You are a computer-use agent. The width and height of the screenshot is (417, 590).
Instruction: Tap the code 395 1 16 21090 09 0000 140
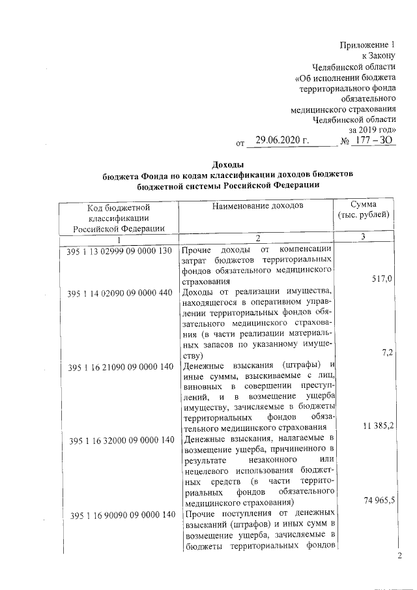click(119, 366)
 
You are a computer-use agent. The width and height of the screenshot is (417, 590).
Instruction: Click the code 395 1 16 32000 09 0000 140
click(119, 440)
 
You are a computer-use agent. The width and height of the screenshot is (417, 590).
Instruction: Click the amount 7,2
click(386, 353)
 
